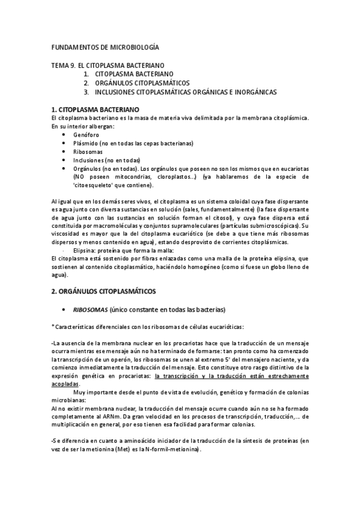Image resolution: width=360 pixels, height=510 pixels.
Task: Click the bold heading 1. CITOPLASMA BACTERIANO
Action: coord(96,109)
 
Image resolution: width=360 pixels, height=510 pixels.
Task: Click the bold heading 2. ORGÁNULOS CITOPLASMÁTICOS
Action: coord(104,290)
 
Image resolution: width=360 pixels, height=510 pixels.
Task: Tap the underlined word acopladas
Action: coord(66,383)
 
